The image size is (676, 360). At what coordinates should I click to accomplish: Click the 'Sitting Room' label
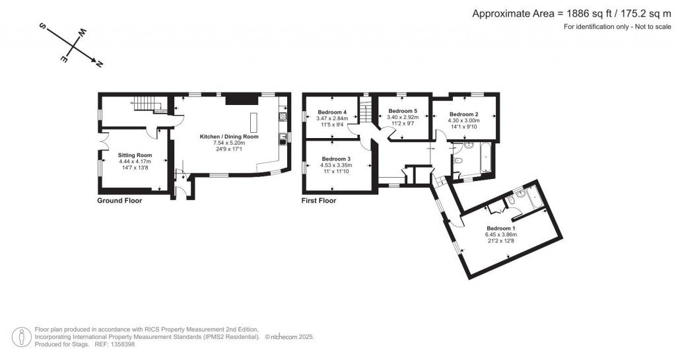135,155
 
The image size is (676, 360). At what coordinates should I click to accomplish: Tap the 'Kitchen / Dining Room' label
229,137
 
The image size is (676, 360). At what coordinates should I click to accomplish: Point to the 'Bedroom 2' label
463,114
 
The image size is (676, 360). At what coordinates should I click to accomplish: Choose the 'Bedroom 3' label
336,159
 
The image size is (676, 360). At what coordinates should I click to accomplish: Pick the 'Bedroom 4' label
332,112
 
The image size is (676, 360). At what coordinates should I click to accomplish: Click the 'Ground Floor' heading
119,201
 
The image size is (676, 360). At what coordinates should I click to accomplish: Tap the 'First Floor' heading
319,201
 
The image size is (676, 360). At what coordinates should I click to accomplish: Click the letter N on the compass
99,64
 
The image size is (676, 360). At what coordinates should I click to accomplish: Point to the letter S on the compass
42,27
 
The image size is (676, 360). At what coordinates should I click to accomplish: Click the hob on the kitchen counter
283,117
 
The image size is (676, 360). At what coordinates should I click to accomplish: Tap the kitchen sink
283,138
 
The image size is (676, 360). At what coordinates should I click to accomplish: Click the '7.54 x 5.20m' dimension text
229,143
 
